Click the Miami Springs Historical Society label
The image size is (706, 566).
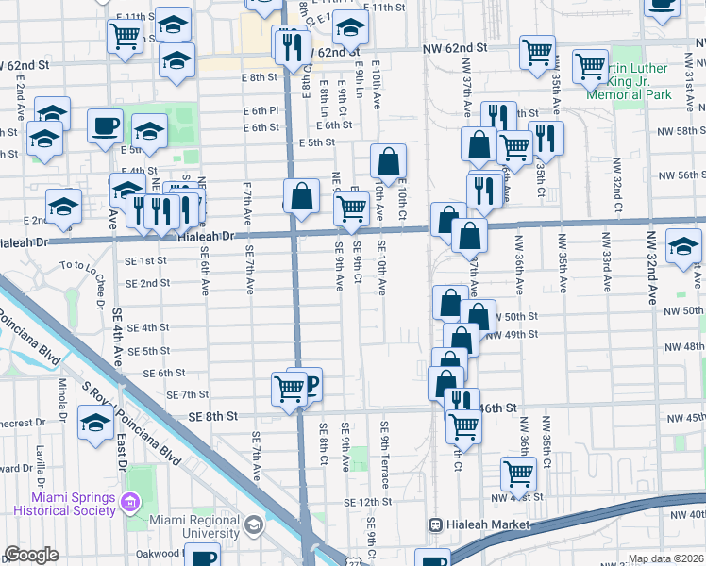[74, 504]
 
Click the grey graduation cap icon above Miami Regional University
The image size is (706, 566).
[253, 524]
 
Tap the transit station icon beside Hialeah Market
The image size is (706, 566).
[435, 524]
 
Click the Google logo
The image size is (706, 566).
[31, 555]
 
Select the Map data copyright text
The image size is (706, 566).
[666, 559]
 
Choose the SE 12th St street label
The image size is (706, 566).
[367, 502]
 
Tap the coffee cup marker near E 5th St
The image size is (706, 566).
[105, 125]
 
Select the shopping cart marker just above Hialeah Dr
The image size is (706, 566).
[351, 208]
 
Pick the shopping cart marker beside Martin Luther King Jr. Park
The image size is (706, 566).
[591, 65]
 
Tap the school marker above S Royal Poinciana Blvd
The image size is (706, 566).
[95, 423]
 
